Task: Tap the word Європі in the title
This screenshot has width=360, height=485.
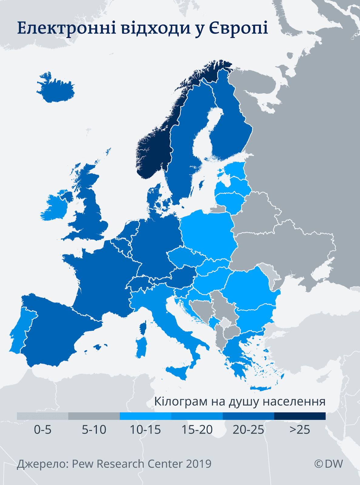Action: (238, 28)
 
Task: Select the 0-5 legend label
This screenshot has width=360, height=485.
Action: (42, 430)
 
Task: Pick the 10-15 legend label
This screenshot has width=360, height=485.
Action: (145, 430)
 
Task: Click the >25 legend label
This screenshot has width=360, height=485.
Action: (300, 430)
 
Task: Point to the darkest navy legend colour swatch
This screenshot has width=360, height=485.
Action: (300, 416)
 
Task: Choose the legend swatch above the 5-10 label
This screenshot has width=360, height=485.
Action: (94, 416)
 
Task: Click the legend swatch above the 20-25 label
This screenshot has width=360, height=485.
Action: (248, 416)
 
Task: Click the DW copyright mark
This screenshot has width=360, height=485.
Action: (329, 464)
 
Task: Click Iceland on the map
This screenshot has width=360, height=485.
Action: (56, 89)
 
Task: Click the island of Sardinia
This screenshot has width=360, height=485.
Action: (141, 347)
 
